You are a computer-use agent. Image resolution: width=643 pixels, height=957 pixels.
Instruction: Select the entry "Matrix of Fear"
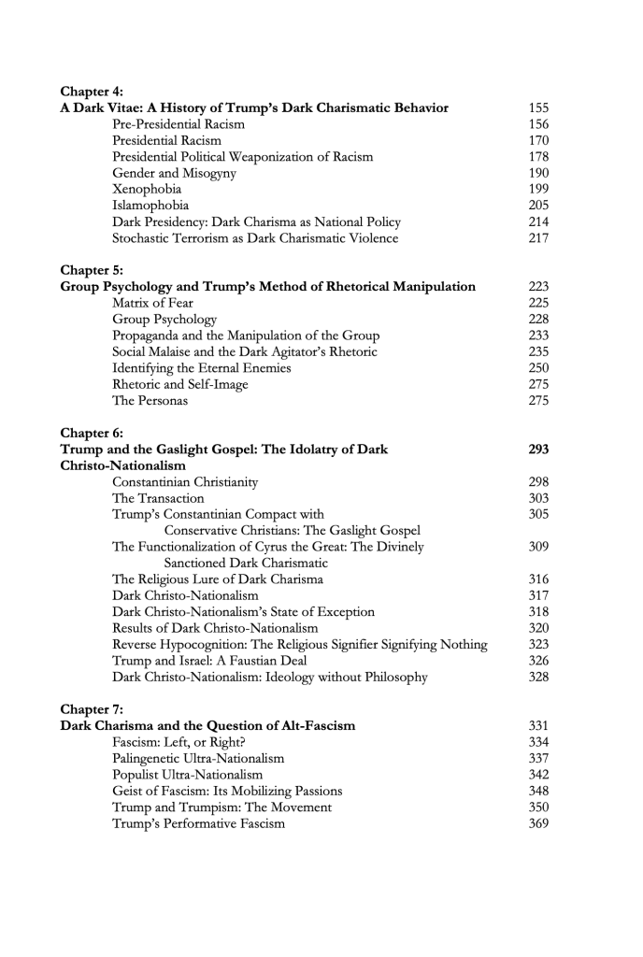point(153,303)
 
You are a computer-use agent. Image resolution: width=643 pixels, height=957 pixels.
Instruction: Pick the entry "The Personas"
point(150,401)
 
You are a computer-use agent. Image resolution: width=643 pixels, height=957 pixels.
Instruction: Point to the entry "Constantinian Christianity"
point(186,482)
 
